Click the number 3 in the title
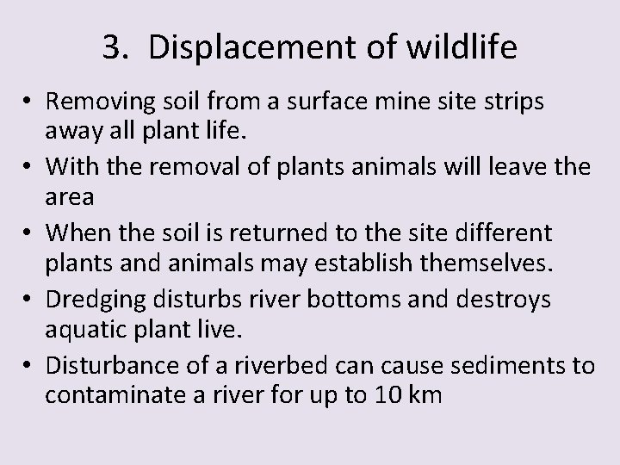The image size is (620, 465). [x=111, y=48]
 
